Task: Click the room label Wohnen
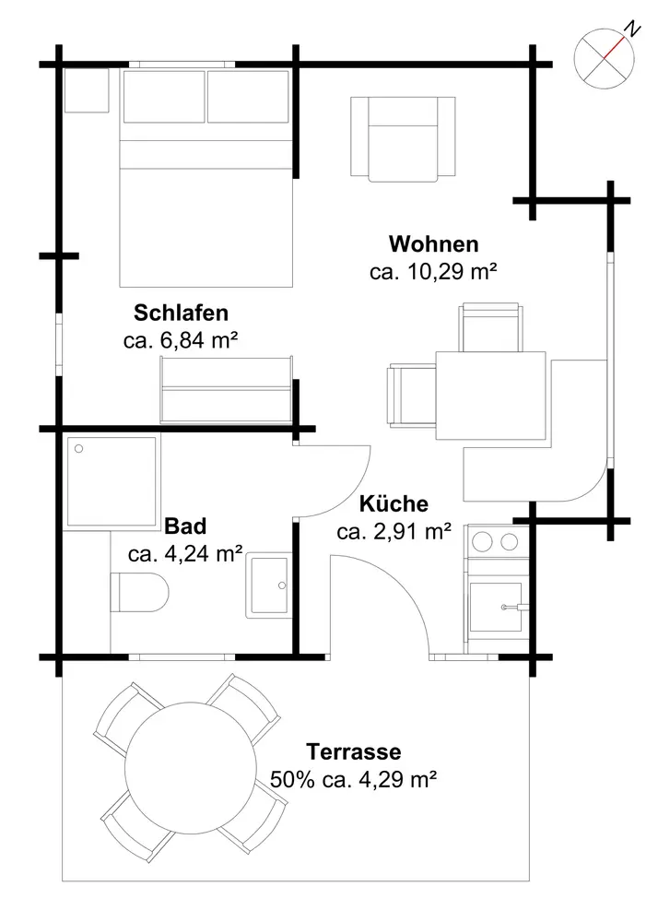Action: click(434, 244)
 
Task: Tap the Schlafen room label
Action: click(181, 313)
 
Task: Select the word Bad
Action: click(185, 526)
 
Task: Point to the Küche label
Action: click(394, 504)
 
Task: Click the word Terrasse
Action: click(354, 751)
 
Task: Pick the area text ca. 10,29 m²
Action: click(434, 272)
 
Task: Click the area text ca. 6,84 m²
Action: click(181, 340)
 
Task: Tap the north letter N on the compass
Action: click(632, 29)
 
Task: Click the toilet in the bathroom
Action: click(140, 592)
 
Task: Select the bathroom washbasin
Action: click(269, 585)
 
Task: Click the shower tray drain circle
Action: click(78, 449)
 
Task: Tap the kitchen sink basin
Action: click(495, 607)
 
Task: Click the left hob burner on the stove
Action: click(483, 541)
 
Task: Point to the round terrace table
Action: click(191, 768)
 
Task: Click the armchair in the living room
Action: click(403, 139)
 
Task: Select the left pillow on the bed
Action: click(164, 97)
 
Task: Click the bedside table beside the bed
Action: click(87, 90)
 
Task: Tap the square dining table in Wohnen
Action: click(490, 396)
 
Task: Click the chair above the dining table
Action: click(490, 327)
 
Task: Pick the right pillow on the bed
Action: click(248, 97)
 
